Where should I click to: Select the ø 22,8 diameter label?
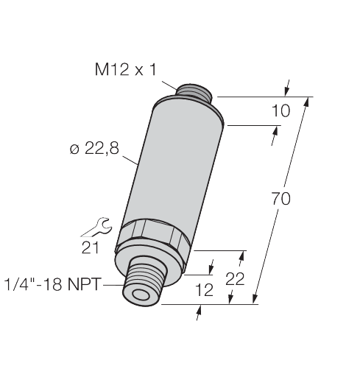95,150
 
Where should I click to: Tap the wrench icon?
99,228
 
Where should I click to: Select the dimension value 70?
280,198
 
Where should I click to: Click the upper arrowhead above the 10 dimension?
287,87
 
